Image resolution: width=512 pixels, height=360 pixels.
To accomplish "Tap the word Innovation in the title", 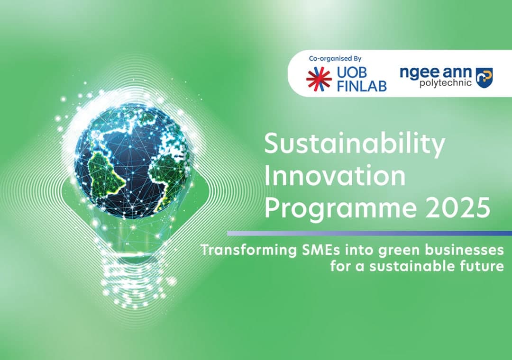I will coord(335,176).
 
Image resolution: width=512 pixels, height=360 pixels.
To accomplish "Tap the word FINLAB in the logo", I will coord(362,86).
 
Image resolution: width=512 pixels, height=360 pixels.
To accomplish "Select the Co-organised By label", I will coord(335,59).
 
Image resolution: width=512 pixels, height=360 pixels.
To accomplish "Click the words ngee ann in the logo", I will coord(435,72).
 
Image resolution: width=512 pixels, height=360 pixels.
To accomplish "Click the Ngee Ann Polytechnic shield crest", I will coord(484,78).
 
